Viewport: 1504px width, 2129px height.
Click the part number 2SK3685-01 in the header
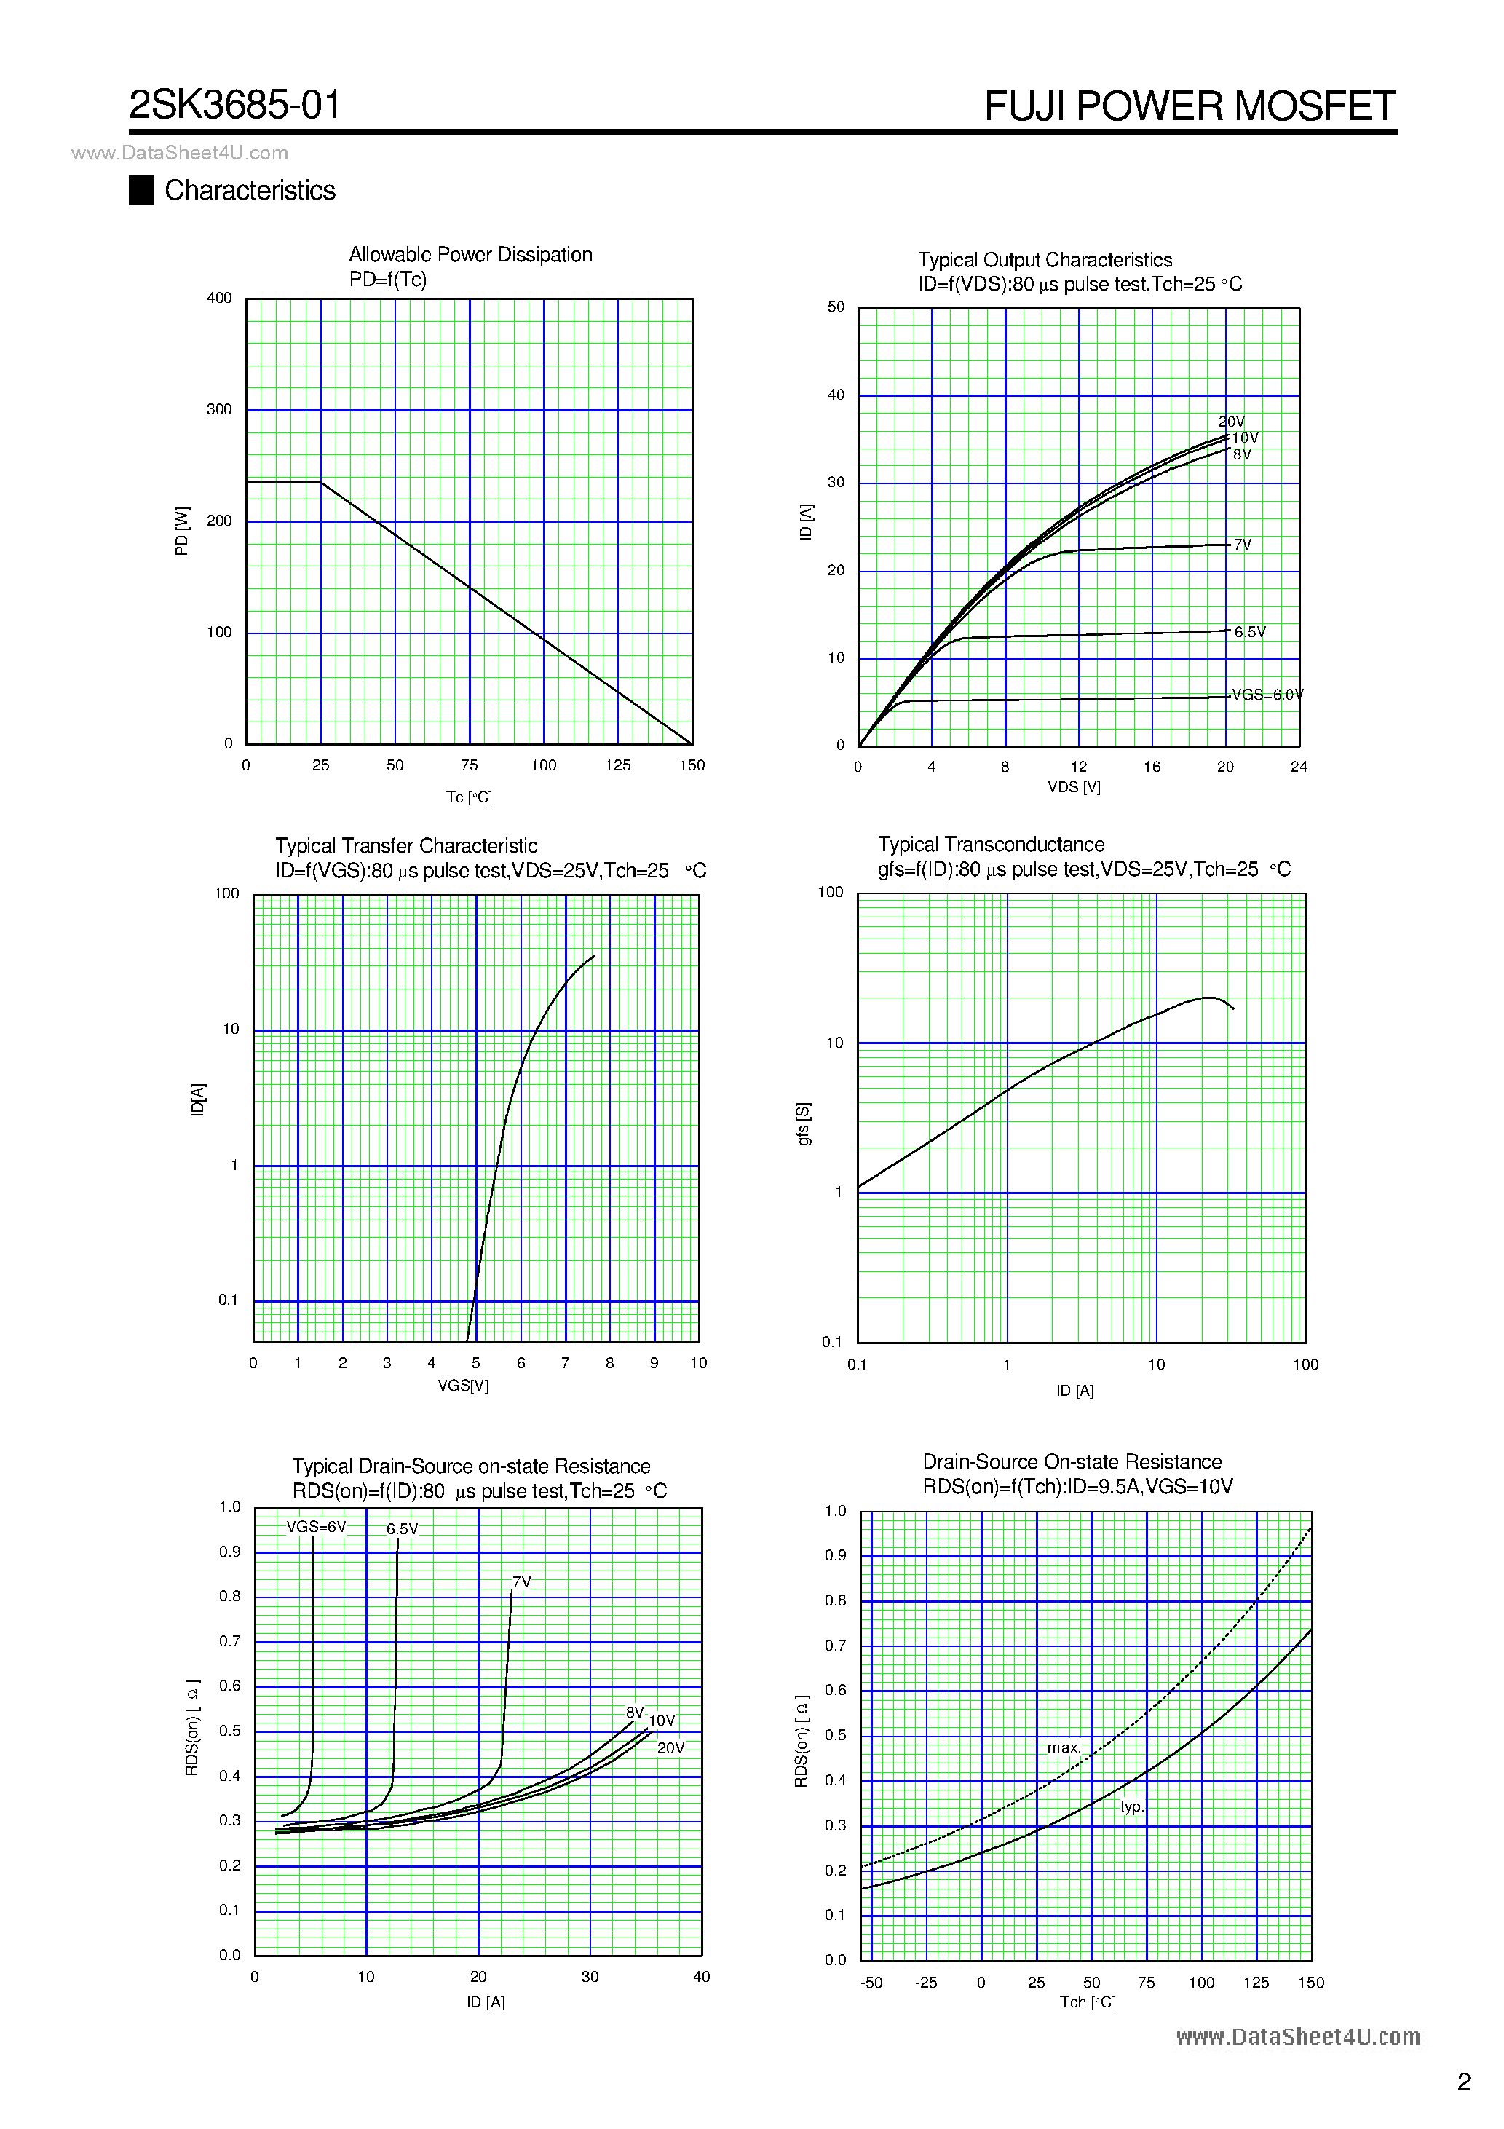click(234, 106)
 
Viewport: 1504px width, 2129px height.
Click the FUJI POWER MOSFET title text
click(1189, 106)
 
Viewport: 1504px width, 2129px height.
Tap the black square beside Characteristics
click(141, 190)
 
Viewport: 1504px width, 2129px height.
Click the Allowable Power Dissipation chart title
click(470, 255)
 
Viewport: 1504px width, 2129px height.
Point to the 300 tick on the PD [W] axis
click(219, 410)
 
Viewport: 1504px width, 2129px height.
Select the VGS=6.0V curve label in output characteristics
click(1267, 695)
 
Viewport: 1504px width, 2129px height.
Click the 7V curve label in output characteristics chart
click(1243, 545)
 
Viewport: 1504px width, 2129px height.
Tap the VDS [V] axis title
click(1074, 787)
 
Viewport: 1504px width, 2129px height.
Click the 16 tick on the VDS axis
click(1152, 767)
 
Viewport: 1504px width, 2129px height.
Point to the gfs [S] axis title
click(804, 1124)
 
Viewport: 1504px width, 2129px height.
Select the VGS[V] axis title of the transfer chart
click(463, 1386)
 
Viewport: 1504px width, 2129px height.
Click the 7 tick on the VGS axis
click(565, 1363)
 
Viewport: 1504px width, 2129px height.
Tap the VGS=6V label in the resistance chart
click(315, 1527)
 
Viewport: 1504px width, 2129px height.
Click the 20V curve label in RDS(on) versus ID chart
click(670, 1748)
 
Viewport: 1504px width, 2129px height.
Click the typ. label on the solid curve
click(1131, 1806)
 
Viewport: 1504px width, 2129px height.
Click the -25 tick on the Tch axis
click(925, 1983)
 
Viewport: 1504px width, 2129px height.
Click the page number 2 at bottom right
click(1463, 2082)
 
